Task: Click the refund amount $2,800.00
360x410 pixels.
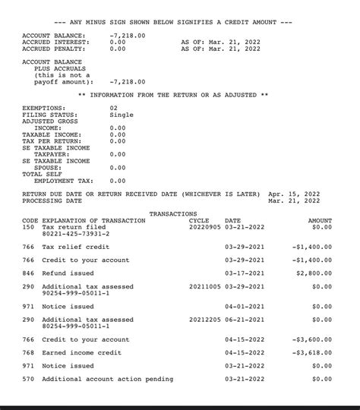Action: (314, 273)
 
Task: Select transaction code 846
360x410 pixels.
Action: (28, 273)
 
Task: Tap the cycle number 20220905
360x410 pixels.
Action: (204, 227)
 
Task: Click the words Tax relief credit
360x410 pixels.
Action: (76, 248)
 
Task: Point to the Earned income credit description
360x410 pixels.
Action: (82, 353)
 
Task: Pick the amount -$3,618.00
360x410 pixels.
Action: (312, 353)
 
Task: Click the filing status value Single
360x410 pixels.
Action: (122, 115)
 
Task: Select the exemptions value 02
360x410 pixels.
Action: (114, 109)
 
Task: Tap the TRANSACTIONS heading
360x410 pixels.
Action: (173, 214)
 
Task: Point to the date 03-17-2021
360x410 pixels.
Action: (245, 273)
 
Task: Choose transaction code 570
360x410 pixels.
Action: (28, 379)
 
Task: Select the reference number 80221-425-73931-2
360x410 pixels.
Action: (76, 234)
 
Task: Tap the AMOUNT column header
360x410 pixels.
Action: (320, 221)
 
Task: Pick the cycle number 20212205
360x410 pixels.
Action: (204, 320)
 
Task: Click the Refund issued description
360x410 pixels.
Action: (68, 273)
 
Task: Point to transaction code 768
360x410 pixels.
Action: (28, 353)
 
